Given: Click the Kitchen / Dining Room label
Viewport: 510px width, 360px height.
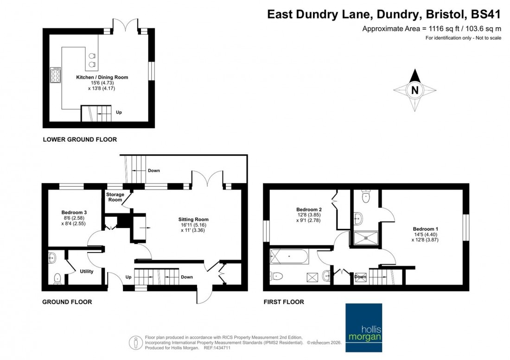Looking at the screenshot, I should pos(102,77).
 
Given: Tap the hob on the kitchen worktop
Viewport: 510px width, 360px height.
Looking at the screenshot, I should pos(56,75).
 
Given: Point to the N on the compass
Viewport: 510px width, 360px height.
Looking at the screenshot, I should pos(415,90).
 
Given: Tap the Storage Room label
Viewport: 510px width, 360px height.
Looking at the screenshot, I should pos(115,197).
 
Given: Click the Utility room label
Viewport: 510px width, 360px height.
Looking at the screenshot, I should pos(87,272).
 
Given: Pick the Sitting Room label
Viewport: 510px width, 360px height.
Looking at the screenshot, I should pos(193,219).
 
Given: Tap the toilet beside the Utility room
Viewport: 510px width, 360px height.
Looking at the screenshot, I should pos(57,278).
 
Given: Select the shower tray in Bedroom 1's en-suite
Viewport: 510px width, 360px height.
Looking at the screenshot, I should pos(366,238).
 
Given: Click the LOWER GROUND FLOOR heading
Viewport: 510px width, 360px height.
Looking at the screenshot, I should pos(80,139).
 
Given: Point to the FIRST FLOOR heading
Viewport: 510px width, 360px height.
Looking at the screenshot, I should pos(284,302).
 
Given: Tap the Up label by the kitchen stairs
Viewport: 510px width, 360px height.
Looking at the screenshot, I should pos(119,112).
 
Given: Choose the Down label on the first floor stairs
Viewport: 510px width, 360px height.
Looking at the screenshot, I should pos(360,277).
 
